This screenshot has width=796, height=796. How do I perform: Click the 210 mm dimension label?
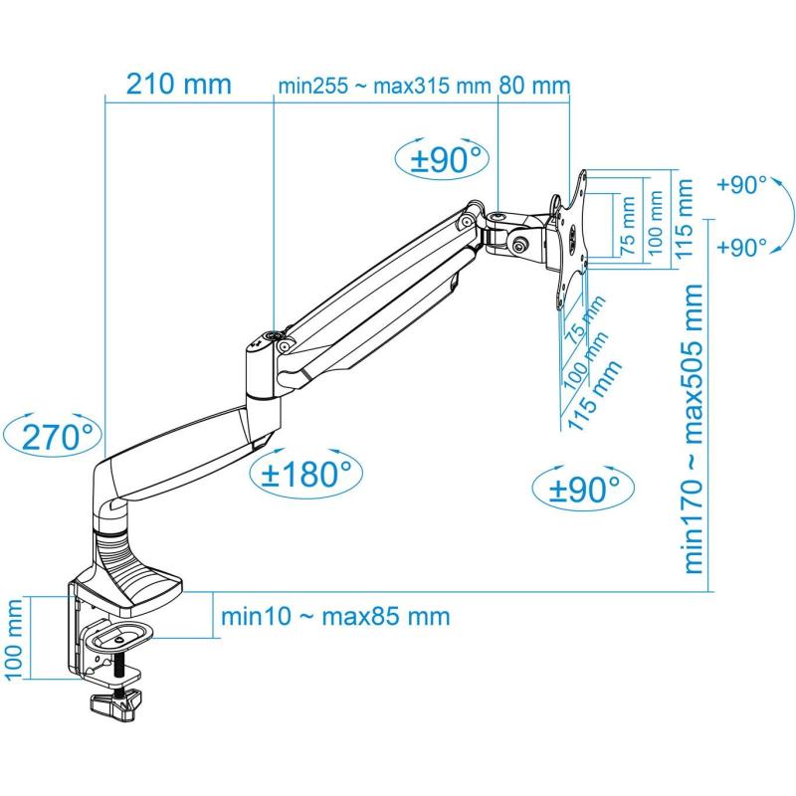(x=179, y=84)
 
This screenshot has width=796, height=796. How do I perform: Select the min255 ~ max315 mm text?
(x=384, y=86)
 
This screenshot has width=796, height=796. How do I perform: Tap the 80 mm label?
(x=534, y=85)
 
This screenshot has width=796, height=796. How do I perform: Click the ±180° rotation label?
(x=306, y=474)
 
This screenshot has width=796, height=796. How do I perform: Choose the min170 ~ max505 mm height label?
(x=694, y=429)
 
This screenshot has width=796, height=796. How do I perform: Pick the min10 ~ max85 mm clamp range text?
(x=335, y=617)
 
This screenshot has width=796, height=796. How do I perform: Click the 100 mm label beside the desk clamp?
(x=13, y=639)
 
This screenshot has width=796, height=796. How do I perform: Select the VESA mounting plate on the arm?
(x=573, y=239)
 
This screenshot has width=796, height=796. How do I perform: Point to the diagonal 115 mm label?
(x=594, y=395)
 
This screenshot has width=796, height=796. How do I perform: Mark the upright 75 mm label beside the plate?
(x=628, y=226)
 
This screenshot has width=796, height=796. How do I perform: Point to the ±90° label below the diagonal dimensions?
(x=584, y=489)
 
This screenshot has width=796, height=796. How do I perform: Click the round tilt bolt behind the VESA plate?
(x=520, y=245)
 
